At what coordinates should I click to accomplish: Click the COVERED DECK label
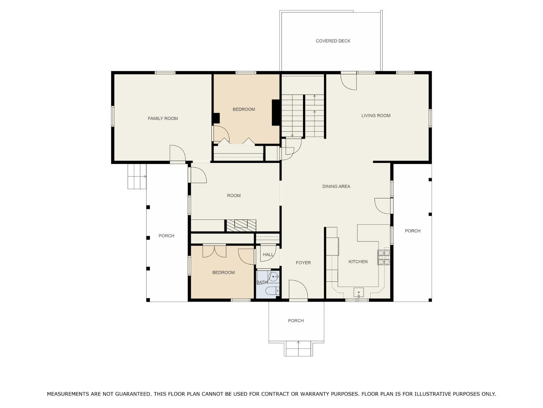(x=333, y=41)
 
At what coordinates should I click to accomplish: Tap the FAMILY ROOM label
(x=163, y=119)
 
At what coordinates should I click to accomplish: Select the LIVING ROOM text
(x=376, y=115)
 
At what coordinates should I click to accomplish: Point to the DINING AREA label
(x=336, y=186)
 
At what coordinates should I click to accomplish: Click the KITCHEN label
(x=358, y=261)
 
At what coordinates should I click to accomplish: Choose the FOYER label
(x=303, y=263)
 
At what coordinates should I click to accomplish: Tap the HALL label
(x=268, y=255)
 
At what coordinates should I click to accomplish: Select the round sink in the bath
(x=274, y=276)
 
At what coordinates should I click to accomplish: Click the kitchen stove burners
(x=383, y=257)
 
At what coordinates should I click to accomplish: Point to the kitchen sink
(x=358, y=293)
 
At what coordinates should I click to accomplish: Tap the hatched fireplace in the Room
(x=241, y=225)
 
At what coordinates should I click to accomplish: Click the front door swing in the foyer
(x=298, y=289)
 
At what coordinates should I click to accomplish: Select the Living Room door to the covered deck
(x=349, y=82)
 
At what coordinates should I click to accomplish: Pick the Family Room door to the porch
(x=178, y=153)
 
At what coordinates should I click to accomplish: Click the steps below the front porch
(x=298, y=349)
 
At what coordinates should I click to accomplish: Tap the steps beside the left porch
(x=137, y=176)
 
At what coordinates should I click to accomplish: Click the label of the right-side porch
(x=412, y=231)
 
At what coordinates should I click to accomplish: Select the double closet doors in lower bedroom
(x=214, y=251)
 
